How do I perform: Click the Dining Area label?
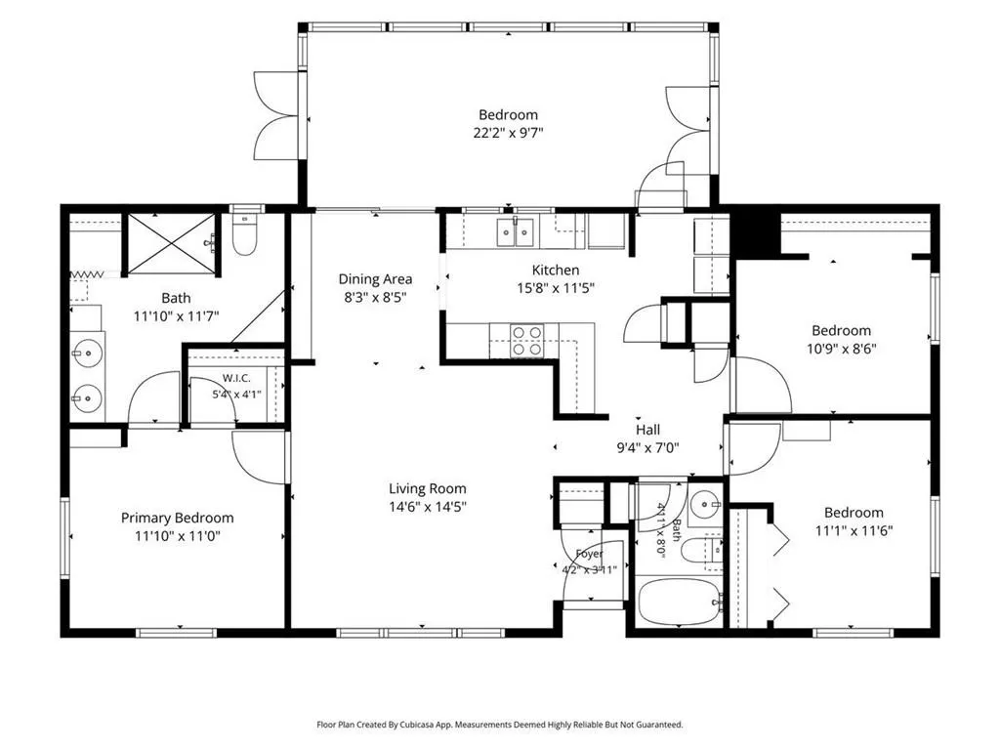tap(375, 278)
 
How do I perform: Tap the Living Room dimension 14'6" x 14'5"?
tap(428, 507)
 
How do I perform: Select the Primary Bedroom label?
tap(178, 518)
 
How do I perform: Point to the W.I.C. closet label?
tap(236, 379)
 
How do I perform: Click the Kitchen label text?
tap(556, 270)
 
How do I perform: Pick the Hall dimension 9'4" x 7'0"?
tap(647, 447)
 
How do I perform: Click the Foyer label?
tap(589, 554)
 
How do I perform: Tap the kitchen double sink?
tap(516, 230)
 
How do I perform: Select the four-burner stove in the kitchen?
tap(526, 341)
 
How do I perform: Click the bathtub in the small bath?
tap(680, 602)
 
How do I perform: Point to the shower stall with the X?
tap(172, 245)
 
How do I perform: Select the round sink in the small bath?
tap(705, 503)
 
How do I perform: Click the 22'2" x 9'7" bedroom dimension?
tap(508, 133)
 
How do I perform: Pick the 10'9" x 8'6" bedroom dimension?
tap(842, 349)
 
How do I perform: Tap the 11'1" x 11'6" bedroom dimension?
tap(854, 530)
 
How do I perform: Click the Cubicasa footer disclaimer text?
tap(500, 725)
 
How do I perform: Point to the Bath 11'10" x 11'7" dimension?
tap(177, 315)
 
